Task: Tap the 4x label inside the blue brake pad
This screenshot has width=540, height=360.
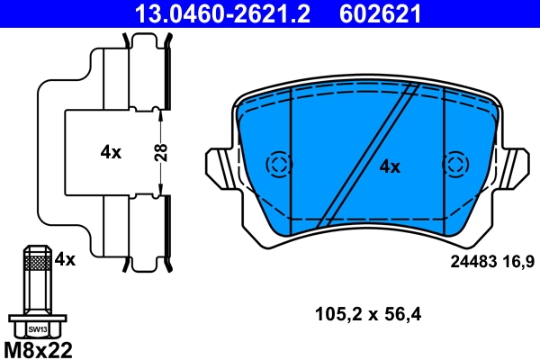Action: (x=389, y=166)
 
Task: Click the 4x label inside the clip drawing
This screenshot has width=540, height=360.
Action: (x=110, y=152)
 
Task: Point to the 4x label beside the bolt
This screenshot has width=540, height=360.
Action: (x=65, y=259)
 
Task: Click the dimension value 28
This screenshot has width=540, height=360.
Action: (x=161, y=151)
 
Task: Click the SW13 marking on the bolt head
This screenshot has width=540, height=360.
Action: (x=37, y=329)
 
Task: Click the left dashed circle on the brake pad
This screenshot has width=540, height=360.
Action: (x=278, y=164)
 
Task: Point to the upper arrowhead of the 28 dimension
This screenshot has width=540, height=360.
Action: (x=160, y=112)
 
